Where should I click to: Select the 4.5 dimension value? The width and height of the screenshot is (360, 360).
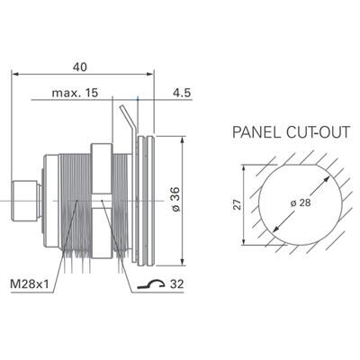click(x=180, y=92)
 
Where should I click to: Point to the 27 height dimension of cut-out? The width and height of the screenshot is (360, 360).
click(x=237, y=204)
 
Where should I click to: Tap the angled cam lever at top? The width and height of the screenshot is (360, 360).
click(x=127, y=121)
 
